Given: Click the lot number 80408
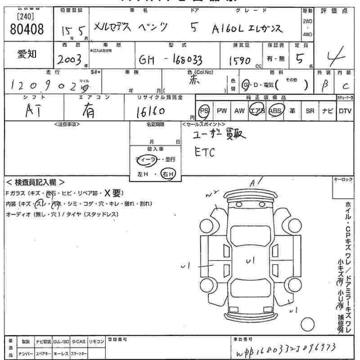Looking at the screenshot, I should pos(27,30).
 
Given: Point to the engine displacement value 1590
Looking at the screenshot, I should pos(239,61).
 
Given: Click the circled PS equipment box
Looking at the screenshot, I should pos(205,111).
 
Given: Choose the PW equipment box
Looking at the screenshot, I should pos(221,111).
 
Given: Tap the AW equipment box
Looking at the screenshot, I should pos(239,111).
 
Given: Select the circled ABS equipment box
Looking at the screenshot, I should pos(274,111).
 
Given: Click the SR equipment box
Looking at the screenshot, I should pos(310,111).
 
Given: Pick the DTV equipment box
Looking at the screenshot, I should pos(345,111).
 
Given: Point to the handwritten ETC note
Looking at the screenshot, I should pos(205,153).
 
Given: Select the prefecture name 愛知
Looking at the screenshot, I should pos(27,54).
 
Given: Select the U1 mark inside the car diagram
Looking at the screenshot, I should pos(250,260).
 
